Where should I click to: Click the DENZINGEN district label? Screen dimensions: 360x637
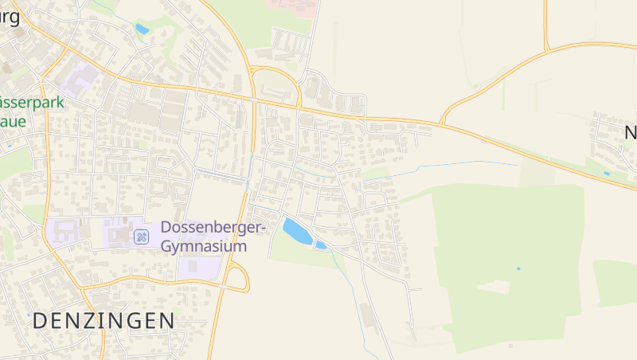click(104, 321)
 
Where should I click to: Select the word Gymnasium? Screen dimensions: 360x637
click(204, 246)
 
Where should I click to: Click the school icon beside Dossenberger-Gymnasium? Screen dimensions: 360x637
click(141, 236)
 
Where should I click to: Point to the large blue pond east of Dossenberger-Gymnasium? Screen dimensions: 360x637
click(296, 230)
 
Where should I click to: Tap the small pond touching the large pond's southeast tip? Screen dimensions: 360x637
click(321, 245)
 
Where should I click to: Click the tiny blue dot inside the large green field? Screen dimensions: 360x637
click(518, 268)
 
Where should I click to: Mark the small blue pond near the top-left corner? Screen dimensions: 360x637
click(142, 29)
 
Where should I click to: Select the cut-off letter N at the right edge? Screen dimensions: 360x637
click(630, 132)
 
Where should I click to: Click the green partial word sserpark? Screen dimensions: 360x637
click(32, 103)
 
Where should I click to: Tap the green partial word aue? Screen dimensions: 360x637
click(14, 122)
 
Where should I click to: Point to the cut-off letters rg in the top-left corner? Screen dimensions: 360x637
click(10, 14)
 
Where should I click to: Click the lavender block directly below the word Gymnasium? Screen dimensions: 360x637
click(197, 268)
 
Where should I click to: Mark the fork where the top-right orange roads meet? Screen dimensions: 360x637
click(549, 49)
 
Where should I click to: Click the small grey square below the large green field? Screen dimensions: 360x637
click(511, 346)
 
